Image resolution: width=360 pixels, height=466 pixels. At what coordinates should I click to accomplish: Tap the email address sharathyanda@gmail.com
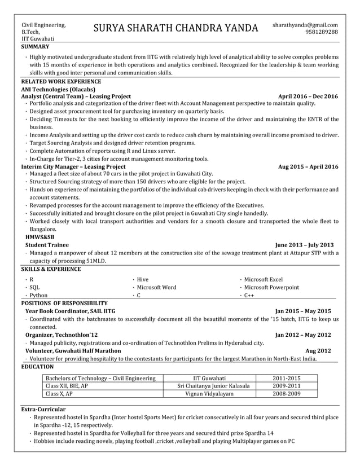coord(305,25)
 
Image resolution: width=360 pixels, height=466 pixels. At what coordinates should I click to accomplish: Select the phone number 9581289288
coord(322,32)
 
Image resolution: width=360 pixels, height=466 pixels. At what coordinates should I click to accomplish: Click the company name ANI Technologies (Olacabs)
coord(58,89)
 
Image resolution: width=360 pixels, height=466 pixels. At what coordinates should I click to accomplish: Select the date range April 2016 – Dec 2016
coord(308,96)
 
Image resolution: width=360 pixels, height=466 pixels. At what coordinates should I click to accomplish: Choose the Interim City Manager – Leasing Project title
coord(73,167)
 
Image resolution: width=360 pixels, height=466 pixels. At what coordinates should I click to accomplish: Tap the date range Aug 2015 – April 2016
coord(308,167)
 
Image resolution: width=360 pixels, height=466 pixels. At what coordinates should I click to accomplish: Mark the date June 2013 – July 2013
coord(304,245)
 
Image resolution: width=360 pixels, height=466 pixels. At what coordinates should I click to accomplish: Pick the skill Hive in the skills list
coord(143,279)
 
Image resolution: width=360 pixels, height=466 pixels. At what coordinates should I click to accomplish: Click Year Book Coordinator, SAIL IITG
coord(70,311)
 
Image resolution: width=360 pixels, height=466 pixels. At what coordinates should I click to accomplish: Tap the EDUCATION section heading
coord(37,366)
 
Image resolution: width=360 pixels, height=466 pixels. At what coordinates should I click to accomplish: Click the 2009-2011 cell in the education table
coord(287,386)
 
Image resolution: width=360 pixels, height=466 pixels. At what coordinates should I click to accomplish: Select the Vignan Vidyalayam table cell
coord(209,394)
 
